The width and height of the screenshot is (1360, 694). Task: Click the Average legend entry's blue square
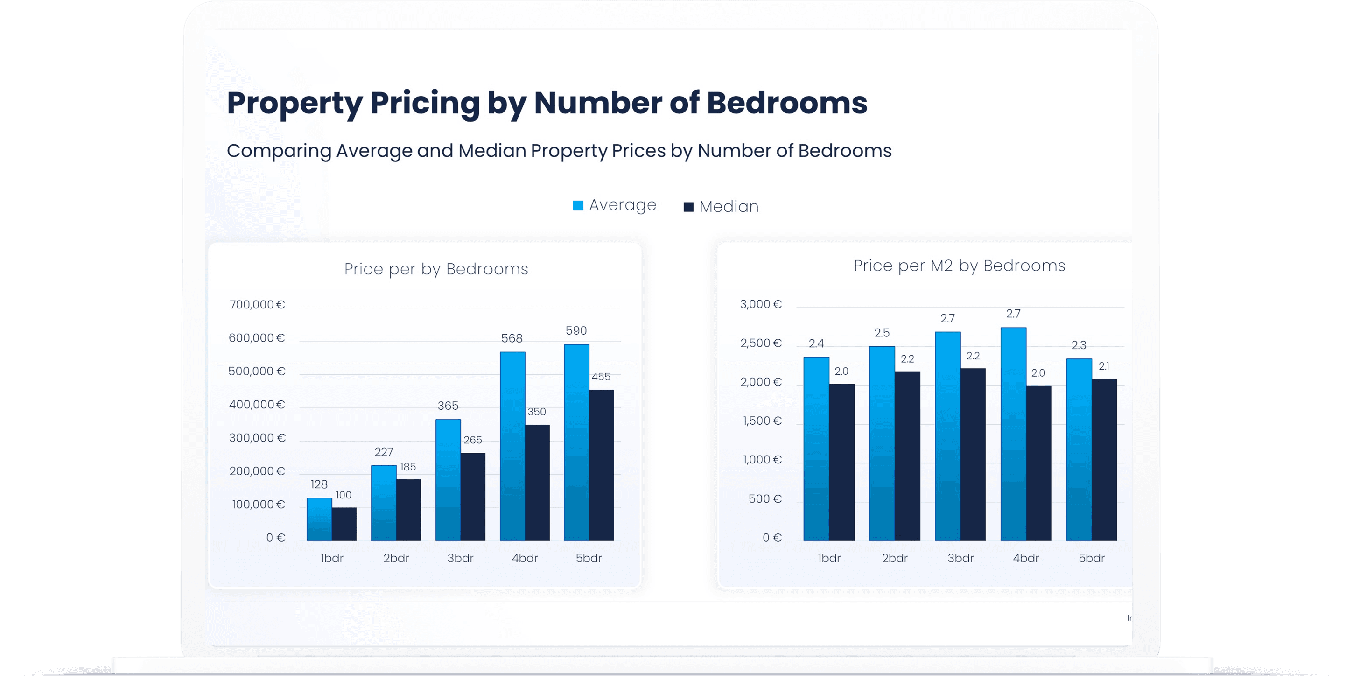578,205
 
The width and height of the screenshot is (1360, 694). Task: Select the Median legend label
729,206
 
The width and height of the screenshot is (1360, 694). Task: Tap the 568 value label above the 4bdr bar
512,338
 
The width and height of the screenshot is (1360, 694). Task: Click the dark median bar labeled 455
601,464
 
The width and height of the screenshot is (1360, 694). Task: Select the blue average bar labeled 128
319,519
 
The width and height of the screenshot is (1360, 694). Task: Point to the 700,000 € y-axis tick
257,304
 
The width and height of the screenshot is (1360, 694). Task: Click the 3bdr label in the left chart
460,558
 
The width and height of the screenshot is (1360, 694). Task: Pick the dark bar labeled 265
472,496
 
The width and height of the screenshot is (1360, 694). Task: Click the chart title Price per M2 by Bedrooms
959,266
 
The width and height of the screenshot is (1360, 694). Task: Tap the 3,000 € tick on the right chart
761,304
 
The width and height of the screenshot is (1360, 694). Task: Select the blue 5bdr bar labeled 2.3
1079,449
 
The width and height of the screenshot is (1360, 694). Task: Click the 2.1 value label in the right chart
1104,366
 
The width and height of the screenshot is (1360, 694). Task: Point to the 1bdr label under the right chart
829,558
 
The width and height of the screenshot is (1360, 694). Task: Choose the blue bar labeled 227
384,503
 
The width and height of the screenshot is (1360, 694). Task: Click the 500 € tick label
765,499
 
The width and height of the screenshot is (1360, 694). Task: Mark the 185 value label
408,467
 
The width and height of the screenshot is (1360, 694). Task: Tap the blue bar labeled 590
576,442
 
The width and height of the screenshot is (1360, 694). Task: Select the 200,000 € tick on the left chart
257,471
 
